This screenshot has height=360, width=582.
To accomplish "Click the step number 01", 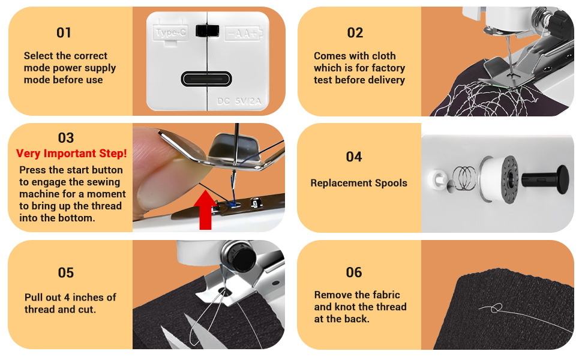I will [x=64, y=32].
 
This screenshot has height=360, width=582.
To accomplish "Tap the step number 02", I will [x=355, y=32].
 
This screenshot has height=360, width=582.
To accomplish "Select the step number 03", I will [x=66, y=139].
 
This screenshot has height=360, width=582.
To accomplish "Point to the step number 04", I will [x=354, y=157].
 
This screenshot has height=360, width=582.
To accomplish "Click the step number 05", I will [x=66, y=272].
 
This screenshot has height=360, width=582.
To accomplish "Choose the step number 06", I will [x=354, y=272].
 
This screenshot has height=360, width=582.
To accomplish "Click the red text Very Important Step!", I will [x=71, y=154].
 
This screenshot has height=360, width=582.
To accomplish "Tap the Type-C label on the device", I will [x=171, y=33].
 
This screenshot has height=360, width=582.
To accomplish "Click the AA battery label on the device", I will [x=243, y=33].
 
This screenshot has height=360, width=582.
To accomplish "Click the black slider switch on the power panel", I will [x=208, y=31].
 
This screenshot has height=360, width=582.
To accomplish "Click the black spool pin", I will [x=543, y=179].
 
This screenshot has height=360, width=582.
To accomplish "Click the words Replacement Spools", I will [x=359, y=183].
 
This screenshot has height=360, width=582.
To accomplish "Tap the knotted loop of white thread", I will [x=494, y=308].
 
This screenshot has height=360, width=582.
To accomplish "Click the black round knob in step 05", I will [x=241, y=257].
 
